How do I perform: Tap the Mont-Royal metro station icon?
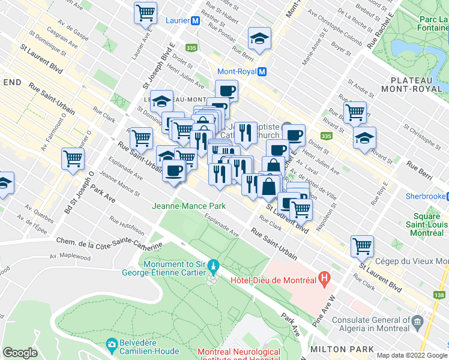click(262, 71)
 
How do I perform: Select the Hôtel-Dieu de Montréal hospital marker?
click(325, 278)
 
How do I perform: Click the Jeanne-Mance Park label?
click(189, 206)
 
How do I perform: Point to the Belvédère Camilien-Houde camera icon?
click(112, 344)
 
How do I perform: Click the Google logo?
click(20, 353)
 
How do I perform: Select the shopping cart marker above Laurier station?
click(146, 13)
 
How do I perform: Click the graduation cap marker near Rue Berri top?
click(260, 40)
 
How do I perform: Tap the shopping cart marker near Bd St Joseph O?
click(73, 160)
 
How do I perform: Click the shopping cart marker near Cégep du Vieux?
click(362, 245)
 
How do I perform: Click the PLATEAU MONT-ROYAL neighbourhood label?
click(416, 84)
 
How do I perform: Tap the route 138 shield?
click(439, 294)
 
